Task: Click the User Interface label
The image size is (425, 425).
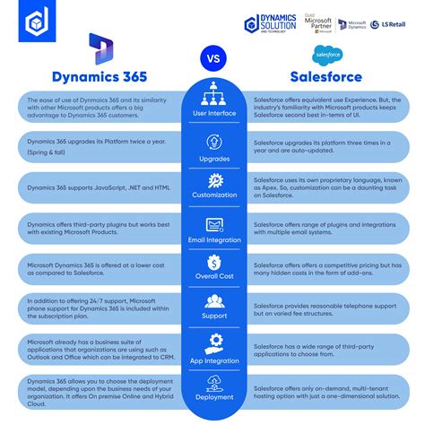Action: [213, 113]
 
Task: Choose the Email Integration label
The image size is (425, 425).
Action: [213, 240]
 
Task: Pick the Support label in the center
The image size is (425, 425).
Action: [213, 317]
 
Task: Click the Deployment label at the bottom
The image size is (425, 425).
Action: [213, 396]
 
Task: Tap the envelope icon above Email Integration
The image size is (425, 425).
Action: [213, 223]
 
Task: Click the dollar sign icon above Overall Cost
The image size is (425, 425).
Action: [213, 263]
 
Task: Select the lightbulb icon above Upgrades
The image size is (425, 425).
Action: [213, 141]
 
